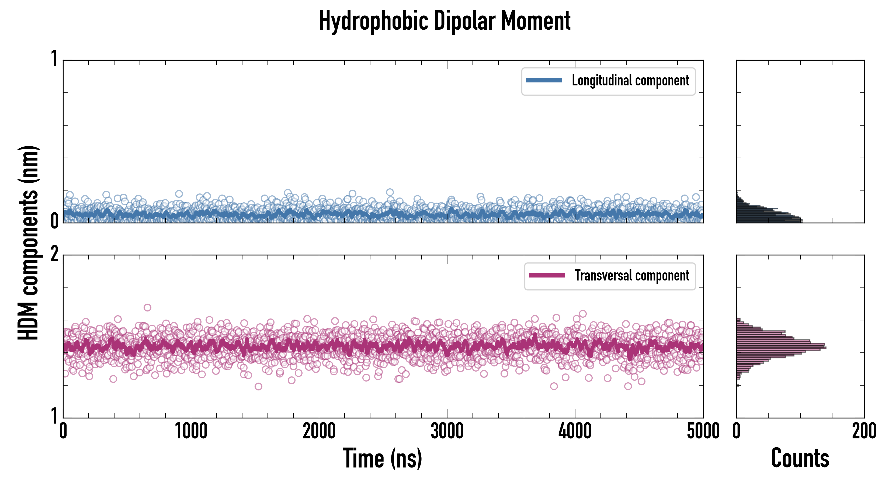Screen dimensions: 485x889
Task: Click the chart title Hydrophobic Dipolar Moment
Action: (444, 21)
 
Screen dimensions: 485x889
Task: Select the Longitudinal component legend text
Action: (630, 81)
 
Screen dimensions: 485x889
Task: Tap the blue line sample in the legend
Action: (544, 81)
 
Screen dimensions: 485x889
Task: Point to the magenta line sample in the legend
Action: (547, 275)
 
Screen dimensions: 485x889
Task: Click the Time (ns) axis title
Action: (382, 458)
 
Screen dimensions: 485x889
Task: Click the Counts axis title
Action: (800, 458)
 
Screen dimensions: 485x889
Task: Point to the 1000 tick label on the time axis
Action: (191, 431)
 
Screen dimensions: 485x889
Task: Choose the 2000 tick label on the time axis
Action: (319, 431)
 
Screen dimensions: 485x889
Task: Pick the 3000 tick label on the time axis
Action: (447, 431)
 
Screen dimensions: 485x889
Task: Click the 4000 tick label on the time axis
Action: (575, 431)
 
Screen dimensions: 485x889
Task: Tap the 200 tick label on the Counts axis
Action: (864, 431)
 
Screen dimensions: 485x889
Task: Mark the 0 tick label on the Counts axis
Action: (737, 431)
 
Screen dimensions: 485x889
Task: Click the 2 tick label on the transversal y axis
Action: (54, 255)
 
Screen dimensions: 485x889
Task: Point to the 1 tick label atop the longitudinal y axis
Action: (54, 59)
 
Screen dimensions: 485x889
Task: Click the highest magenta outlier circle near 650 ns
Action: (147, 307)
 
